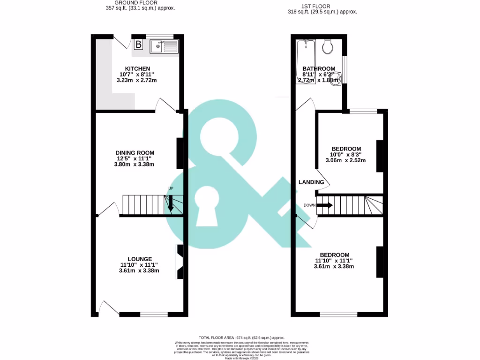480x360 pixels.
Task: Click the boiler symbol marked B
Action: (x=139, y=45)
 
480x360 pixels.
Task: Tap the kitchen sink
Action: (x=164, y=46)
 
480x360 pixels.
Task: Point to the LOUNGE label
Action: (x=140, y=259)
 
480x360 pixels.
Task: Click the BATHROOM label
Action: (x=319, y=69)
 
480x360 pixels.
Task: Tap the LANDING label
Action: (x=311, y=182)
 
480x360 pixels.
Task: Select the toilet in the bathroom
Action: (x=329, y=45)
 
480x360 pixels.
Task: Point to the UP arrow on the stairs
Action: (x=171, y=202)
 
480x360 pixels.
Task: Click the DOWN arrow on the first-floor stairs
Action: (x=325, y=205)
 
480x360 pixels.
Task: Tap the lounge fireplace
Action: (x=180, y=262)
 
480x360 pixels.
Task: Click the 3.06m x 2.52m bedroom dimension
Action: (x=345, y=160)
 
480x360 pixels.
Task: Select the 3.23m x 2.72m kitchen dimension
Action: (x=136, y=81)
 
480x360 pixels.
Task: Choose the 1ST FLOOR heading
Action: (x=322, y=6)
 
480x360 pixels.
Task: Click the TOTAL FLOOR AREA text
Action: (x=241, y=337)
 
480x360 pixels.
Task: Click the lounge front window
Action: (x=154, y=315)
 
